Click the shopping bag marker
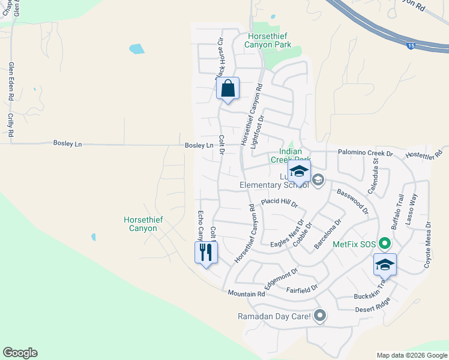(228, 89)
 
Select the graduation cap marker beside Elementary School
(299, 172)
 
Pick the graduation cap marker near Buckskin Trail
(385, 265)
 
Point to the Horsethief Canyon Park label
(270, 40)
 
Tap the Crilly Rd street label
(11, 125)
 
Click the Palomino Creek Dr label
(365, 154)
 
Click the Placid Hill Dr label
(279, 203)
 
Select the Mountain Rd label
(246, 293)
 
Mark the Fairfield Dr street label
(301, 290)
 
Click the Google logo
(20, 353)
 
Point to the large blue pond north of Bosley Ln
(136, 49)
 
